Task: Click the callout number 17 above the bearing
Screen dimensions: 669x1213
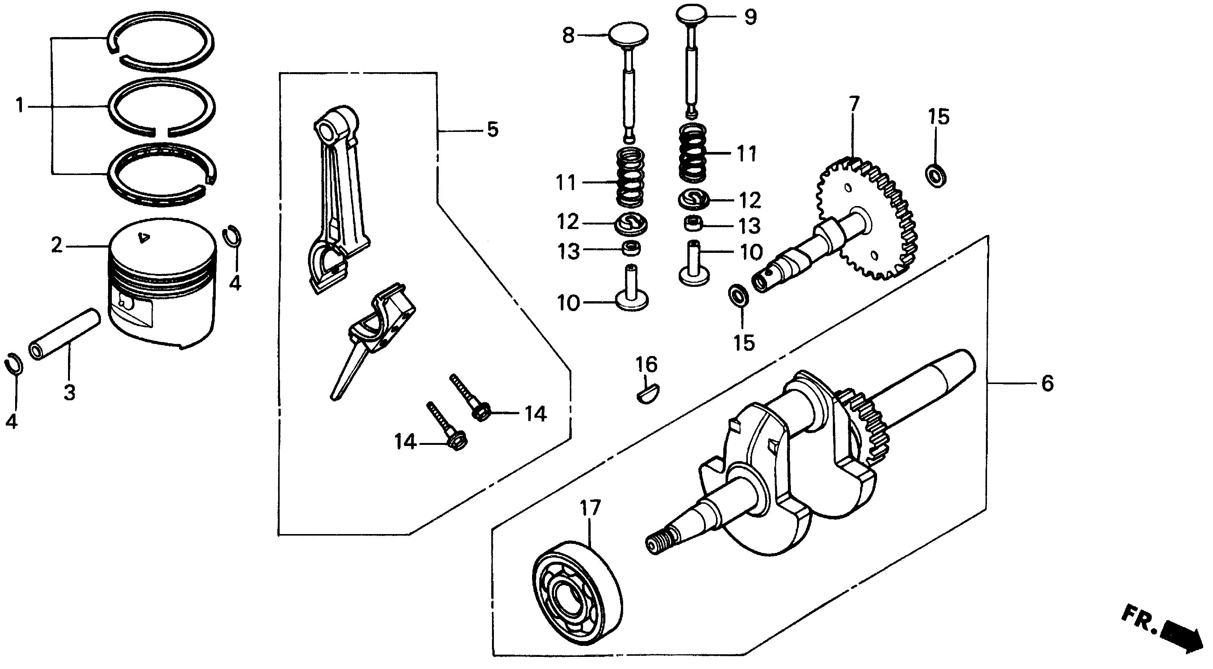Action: coord(591,508)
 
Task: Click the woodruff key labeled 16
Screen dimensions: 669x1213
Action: coord(647,393)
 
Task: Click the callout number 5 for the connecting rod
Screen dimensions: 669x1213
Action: coord(492,130)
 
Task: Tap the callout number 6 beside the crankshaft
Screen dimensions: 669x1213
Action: coord(1047,384)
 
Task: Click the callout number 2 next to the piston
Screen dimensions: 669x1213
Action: coord(57,245)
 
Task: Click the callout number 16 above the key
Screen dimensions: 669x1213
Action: coord(647,364)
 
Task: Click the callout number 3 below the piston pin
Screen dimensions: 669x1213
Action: coord(70,392)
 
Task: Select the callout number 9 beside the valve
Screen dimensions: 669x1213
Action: coord(750,17)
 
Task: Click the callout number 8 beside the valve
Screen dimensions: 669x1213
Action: coord(569,35)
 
